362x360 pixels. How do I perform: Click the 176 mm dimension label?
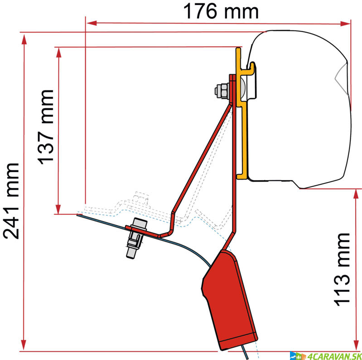221,12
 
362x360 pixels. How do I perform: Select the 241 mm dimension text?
12,200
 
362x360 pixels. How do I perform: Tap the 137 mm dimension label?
45,126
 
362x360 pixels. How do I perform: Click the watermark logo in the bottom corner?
324,355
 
